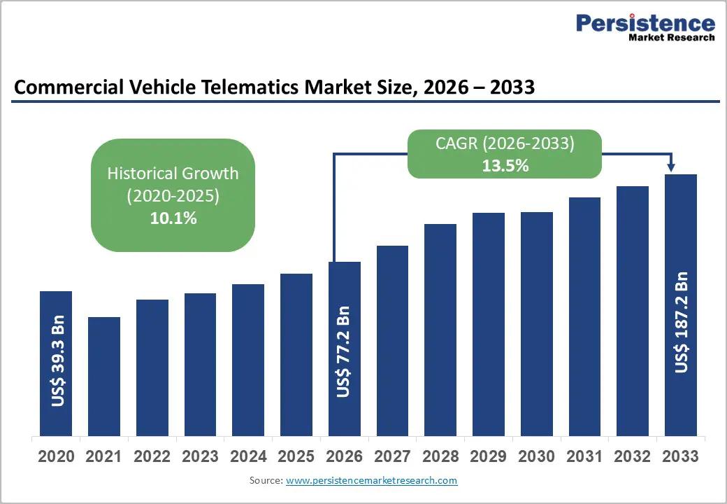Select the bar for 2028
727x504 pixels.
coord(440,329)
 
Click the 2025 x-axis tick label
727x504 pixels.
coord(296,457)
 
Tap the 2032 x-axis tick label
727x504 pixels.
coord(632,457)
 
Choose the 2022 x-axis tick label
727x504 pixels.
coord(152,457)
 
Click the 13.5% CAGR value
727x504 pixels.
coord(505,166)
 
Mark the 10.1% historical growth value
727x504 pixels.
coord(173,218)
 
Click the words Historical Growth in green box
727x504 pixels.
coord(173,173)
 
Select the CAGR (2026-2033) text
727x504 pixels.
coord(505,143)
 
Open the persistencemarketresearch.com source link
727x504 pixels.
coord(371,480)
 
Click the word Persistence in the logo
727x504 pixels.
coord(645,22)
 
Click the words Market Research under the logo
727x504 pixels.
coord(670,37)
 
